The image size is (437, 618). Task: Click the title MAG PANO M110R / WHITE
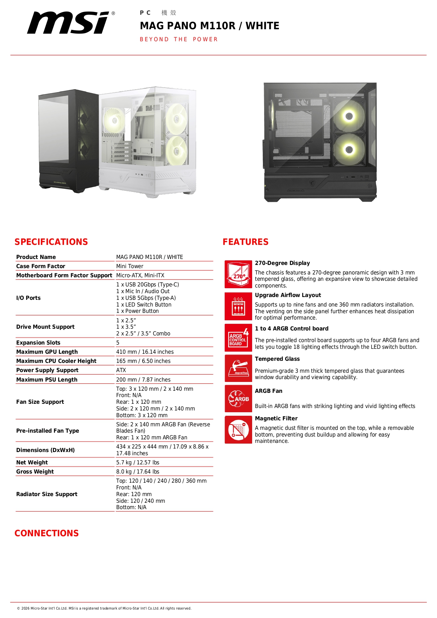click(x=210, y=26)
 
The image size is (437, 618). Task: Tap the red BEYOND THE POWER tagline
click(x=179, y=39)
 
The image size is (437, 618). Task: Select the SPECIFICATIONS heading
click(x=51, y=242)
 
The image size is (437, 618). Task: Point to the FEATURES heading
click(x=245, y=242)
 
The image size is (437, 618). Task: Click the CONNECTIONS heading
click(x=46, y=533)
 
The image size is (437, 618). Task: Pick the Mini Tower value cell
click(x=130, y=266)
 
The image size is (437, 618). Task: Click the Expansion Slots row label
click(x=38, y=343)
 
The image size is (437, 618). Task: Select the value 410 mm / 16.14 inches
click(x=145, y=352)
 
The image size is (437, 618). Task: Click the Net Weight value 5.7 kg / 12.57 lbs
click(x=138, y=463)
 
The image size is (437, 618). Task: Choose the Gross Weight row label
click(x=35, y=472)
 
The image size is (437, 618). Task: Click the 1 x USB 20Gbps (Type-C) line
click(x=148, y=285)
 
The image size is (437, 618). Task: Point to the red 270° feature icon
click(x=238, y=274)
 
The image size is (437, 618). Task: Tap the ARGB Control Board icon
click(x=238, y=338)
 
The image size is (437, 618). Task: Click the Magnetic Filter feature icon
click(x=238, y=430)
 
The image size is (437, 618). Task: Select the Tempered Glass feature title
click(x=277, y=359)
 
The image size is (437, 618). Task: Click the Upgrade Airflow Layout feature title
click(x=288, y=295)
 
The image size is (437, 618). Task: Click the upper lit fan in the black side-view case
click(x=349, y=116)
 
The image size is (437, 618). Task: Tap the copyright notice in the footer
click(x=104, y=608)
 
